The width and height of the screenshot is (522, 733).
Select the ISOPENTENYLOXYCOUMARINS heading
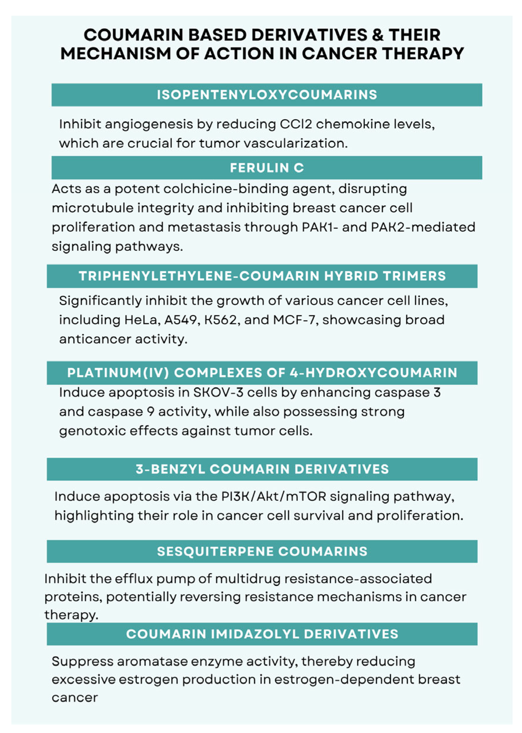click(x=267, y=95)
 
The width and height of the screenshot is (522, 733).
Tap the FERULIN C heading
click(x=267, y=168)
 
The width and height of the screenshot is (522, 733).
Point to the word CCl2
click(x=296, y=124)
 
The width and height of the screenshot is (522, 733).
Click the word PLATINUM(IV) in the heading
click(x=118, y=373)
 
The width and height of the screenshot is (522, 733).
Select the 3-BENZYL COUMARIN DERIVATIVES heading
click(x=262, y=469)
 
